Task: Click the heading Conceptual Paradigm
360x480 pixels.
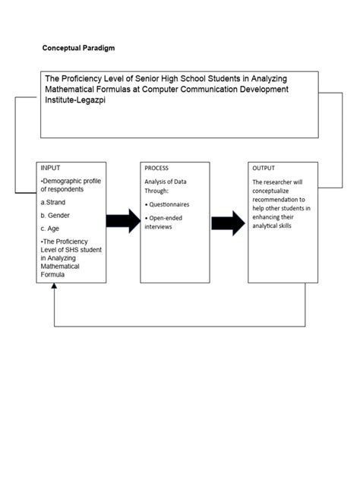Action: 79,47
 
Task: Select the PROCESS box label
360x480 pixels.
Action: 156,168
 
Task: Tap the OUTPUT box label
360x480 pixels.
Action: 264,168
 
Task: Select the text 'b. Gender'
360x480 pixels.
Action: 55,216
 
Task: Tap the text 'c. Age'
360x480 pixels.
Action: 51,228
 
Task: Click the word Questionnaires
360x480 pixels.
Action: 169,204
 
